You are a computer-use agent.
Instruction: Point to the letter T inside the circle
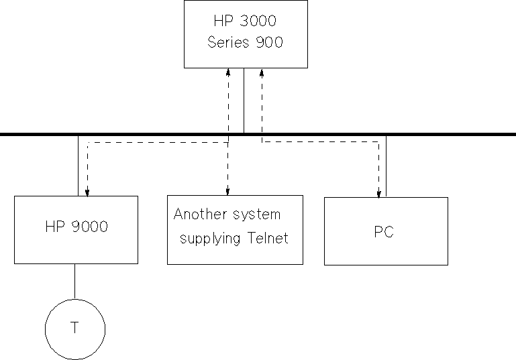(74, 328)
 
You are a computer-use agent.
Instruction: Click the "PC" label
(384, 232)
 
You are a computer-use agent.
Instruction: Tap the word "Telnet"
(266, 238)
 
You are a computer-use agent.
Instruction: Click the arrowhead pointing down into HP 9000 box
(87, 192)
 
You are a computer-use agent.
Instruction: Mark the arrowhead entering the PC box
(378, 194)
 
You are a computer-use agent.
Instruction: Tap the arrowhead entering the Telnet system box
(228, 192)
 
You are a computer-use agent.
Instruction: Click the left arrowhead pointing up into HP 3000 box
(228, 71)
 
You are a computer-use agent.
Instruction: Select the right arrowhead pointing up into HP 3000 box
(262, 71)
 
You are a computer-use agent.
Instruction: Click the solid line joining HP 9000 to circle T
(74, 281)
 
